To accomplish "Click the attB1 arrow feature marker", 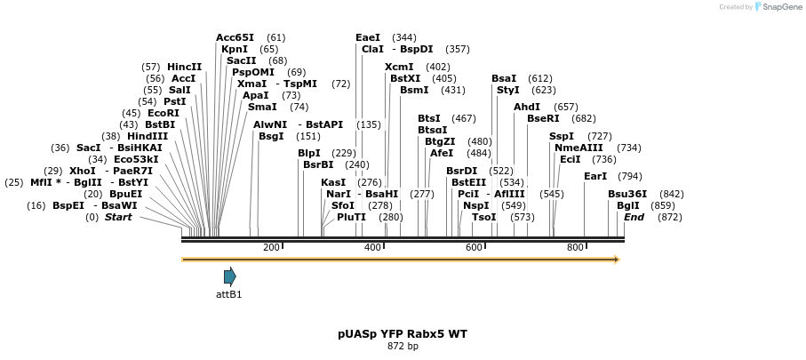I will pyautogui.click(x=229, y=276).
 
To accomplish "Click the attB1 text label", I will pyautogui.click(x=228, y=294).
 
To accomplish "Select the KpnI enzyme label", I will pyautogui.click(x=235, y=49).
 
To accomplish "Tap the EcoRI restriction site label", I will pyautogui.click(x=164, y=113).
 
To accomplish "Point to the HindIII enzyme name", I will pyautogui.click(x=148, y=136).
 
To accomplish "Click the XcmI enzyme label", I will pyautogui.click(x=399, y=67).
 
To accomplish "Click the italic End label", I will pyautogui.click(x=634, y=217).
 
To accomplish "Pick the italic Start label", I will pyautogui.click(x=118, y=217).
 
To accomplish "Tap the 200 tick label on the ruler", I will pyautogui.click(x=271, y=247).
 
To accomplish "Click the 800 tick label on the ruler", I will pyautogui.click(x=575, y=247).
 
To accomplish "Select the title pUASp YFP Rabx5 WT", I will pyautogui.click(x=403, y=334).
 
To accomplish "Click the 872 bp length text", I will pyautogui.click(x=403, y=347).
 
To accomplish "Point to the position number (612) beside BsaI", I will pyautogui.click(x=539, y=78).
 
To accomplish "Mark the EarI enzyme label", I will pyautogui.click(x=595, y=176).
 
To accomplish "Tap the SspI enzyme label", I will pyautogui.click(x=562, y=136).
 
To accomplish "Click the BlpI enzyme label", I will pyautogui.click(x=309, y=153).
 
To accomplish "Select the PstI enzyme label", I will pyautogui.click(x=175, y=101).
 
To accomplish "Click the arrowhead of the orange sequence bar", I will pyautogui.click(x=616, y=260).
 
